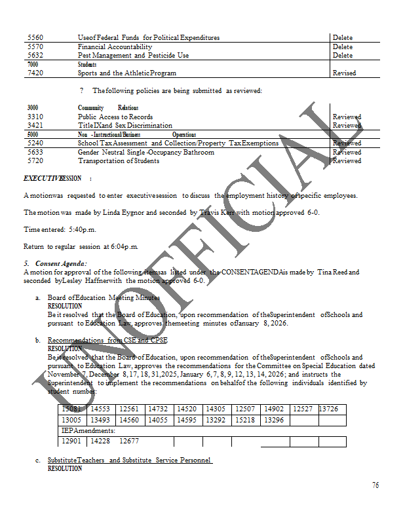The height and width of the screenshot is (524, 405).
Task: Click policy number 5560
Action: click(35, 38)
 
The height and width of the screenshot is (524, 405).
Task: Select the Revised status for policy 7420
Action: click(344, 73)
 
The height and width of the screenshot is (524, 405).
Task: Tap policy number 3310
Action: click(35, 117)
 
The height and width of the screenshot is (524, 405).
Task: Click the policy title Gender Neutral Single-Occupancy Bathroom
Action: click(145, 152)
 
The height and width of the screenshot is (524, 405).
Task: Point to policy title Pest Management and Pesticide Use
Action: click(133, 56)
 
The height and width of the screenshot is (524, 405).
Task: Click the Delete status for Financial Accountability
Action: click(342, 47)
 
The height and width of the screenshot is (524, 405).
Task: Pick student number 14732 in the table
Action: click(159, 409)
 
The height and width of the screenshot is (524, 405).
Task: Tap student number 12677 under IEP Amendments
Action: click(129, 441)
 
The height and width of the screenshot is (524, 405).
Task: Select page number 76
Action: click(376, 485)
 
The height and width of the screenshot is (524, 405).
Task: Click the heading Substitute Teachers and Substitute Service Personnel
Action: click(130, 460)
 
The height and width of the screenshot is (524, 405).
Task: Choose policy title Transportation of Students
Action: click(121, 160)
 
